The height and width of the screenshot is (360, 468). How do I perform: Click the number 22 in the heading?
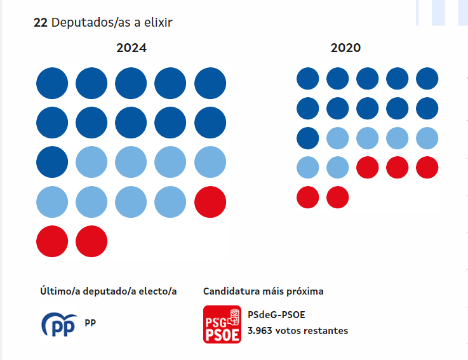(x=41, y=22)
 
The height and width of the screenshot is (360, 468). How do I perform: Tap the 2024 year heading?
(x=131, y=48)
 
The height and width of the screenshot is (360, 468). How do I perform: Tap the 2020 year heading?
(x=346, y=48)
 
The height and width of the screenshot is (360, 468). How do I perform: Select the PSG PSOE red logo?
(x=222, y=324)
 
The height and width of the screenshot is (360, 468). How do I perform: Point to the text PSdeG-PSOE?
(x=277, y=315)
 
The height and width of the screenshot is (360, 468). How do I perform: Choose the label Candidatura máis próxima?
(x=263, y=291)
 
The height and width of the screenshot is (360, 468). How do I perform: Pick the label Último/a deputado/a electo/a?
(x=108, y=291)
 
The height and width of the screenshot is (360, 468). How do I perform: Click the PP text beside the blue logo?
(x=91, y=323)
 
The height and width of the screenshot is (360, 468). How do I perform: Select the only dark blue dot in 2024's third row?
(x=52, y=163)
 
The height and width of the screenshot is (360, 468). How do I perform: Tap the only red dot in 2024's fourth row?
(x=210, y=202)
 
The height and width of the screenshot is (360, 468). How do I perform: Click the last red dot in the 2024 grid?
(x=91, y=241)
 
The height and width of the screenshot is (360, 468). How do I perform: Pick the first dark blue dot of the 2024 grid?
(x=52, y=84)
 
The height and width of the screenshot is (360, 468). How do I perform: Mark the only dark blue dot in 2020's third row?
(x=308, y=138)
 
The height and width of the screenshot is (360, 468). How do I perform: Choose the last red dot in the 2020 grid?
(x=338, y=197)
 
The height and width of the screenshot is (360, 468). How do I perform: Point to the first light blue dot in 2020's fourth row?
(x=308, y=168)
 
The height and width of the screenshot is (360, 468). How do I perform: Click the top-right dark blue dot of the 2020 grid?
(x=427, y=79)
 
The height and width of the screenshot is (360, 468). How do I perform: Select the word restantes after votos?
(x=325, y=331)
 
